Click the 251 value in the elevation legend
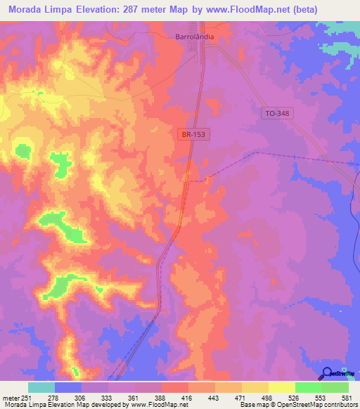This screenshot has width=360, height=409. coord(27,397)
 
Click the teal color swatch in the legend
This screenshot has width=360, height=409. coord(41,387)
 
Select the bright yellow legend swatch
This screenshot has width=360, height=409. coord(281,387)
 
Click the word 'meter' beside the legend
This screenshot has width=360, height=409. coord(10,397)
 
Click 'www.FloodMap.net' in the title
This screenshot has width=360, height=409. coord(236,10)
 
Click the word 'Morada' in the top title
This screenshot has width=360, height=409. coord(28,10)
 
